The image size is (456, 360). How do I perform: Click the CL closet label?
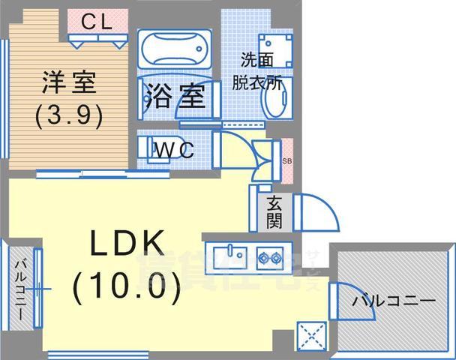coord(97,22)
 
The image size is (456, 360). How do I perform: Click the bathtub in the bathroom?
coord(175,50)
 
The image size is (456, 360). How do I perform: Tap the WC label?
coord(173,148)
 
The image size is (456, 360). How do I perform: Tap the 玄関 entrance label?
coord(274,211)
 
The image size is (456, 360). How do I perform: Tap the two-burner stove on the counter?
coord(268,257)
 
